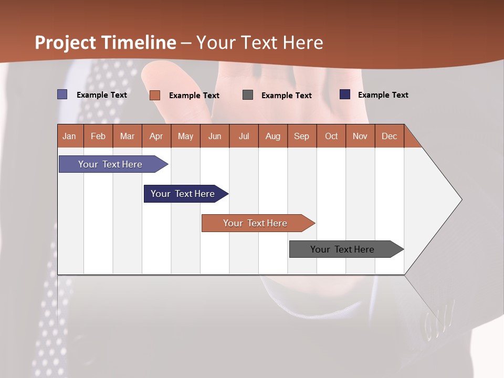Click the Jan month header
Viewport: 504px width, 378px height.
click(70, 136)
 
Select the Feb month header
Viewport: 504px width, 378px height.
click(98, 136)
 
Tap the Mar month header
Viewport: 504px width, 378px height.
click(127, 136)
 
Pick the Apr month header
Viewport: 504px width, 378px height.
click(156, 136)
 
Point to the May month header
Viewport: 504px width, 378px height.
click(185, 136)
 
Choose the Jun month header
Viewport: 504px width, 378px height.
click(215, 136)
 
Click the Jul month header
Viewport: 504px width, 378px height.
click(244, 136)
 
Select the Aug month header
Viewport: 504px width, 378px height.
click(273, 136)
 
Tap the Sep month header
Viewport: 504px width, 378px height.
click(302, 136)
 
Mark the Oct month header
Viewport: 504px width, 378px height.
click(331, 136)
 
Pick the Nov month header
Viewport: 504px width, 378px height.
click(360, 136)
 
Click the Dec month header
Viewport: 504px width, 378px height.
click(390, 136)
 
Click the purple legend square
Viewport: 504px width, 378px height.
click(62, 94)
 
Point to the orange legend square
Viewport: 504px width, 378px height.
click(155, 95)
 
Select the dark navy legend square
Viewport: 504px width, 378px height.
click(345, 94)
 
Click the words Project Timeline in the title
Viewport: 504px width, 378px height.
click(106, 43)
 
